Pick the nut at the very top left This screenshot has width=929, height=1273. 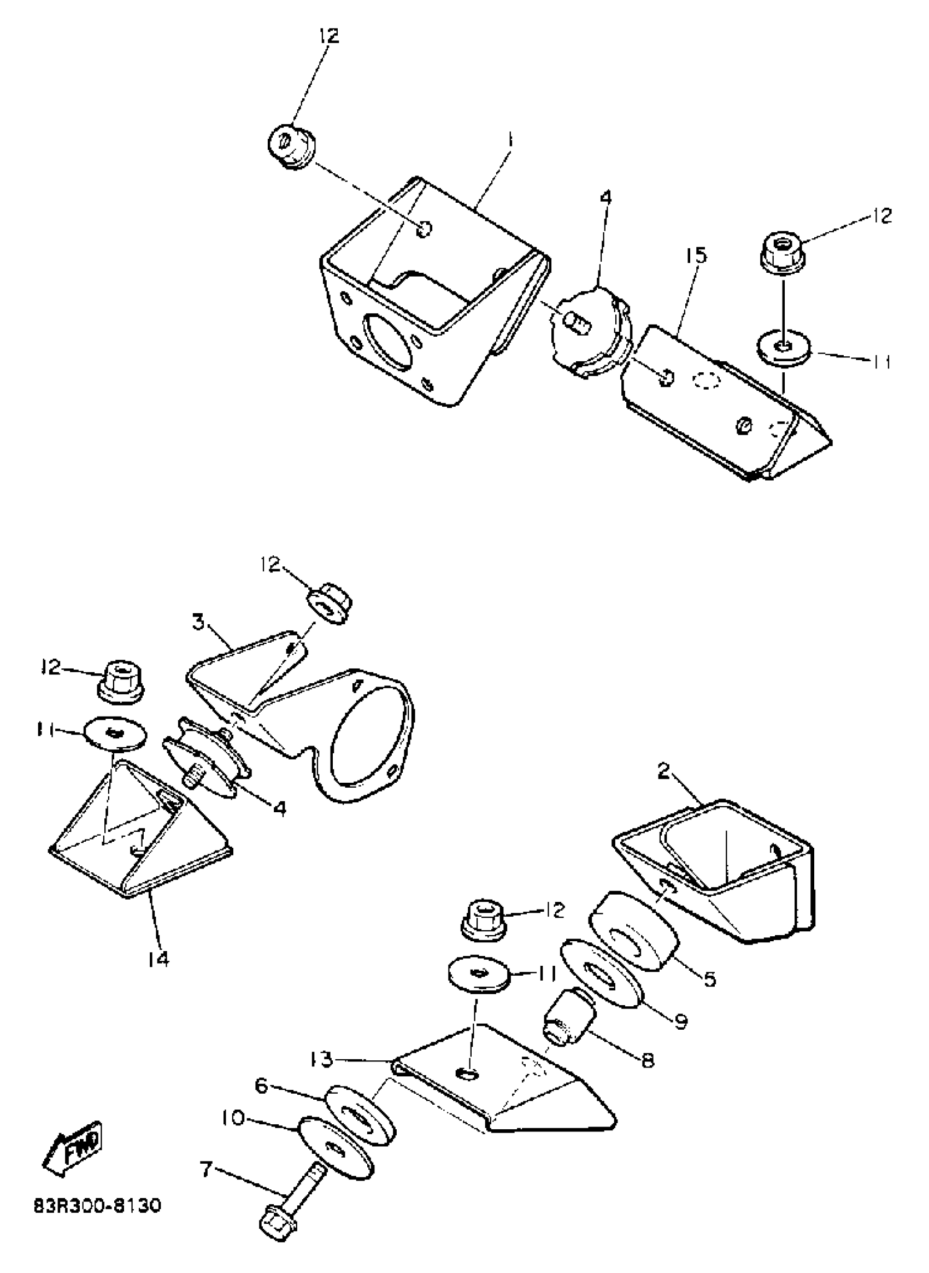pyautogui.click(x=292, y=145)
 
